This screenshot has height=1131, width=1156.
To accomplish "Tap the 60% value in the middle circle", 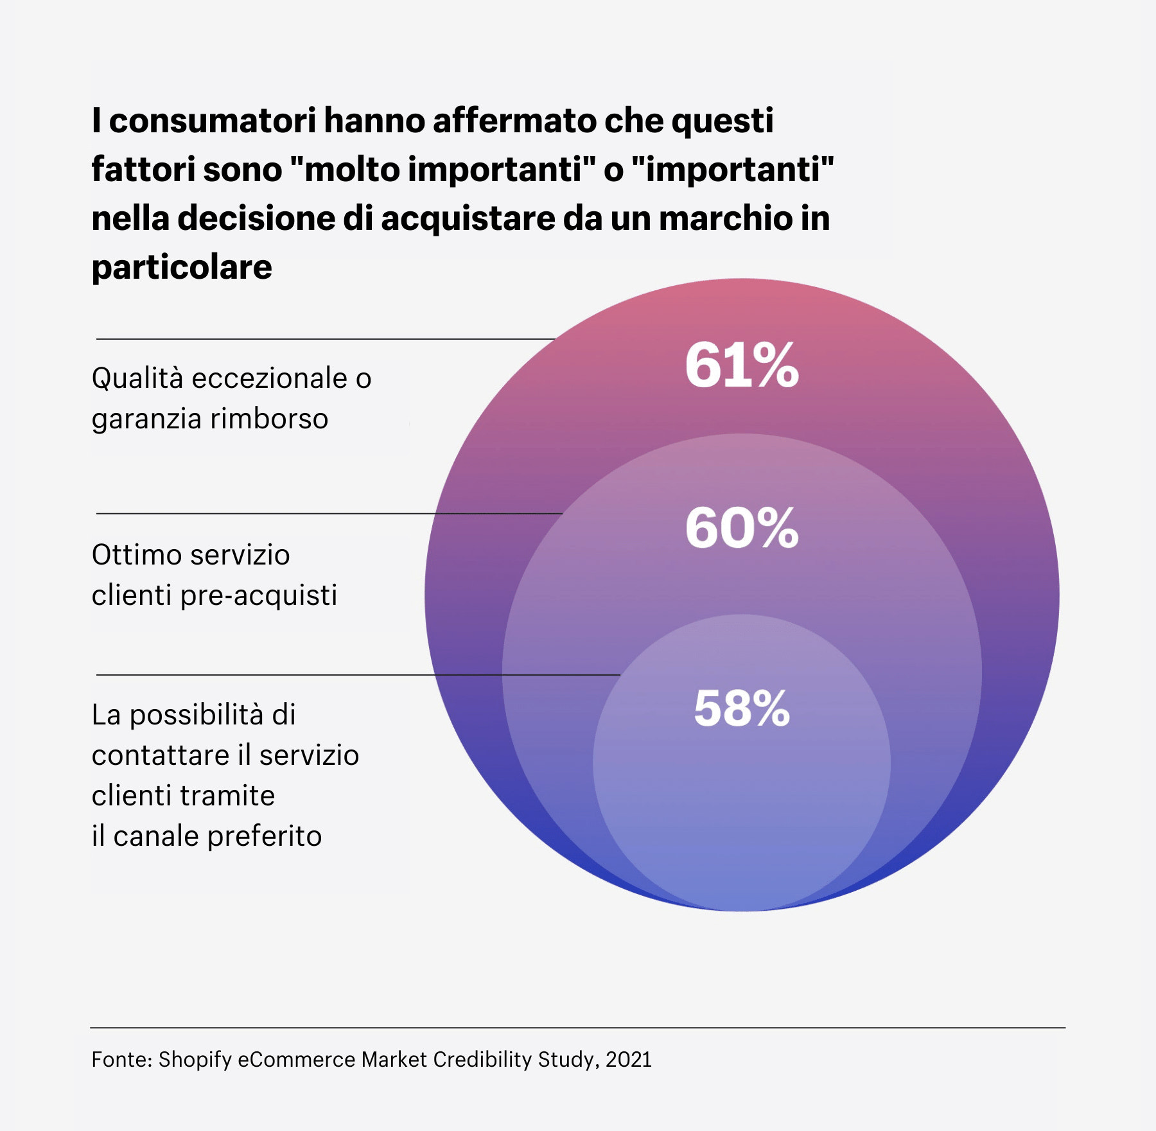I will (741, 528).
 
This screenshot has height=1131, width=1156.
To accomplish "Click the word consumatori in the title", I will (212, 121).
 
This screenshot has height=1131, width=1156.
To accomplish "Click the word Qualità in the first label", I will (137, 379).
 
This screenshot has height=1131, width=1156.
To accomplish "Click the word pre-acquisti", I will (258, 595).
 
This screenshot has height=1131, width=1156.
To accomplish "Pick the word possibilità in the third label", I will (197, 715).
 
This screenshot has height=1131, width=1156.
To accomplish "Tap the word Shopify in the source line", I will (195, 1059).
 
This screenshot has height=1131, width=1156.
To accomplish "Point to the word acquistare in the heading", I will (469, 218).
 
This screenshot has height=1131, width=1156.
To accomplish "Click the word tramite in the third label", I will (238, 796).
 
